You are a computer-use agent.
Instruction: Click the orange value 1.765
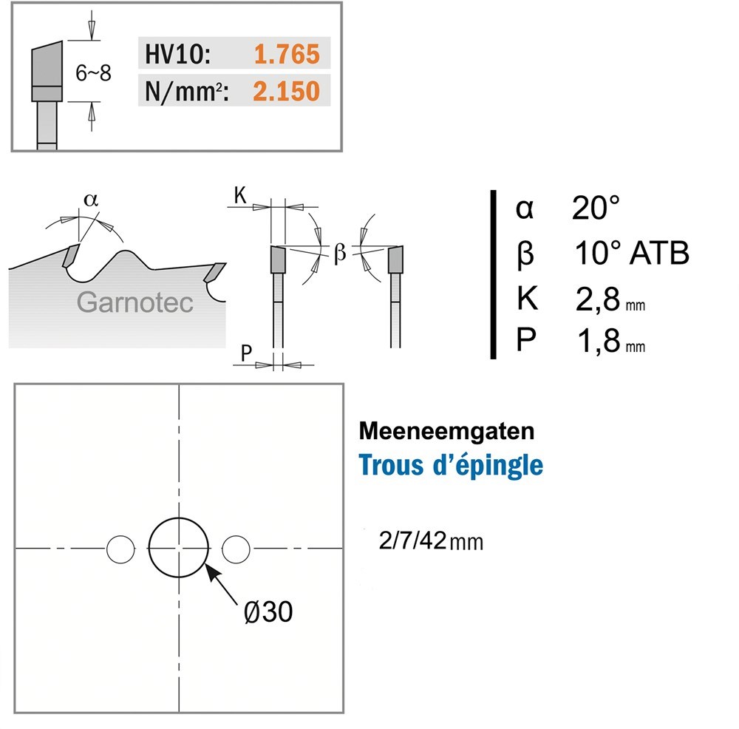287,54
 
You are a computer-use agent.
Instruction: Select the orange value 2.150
286,91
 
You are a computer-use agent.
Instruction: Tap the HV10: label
177,54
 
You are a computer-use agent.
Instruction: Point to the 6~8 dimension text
93,73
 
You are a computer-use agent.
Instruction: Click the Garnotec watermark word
134,302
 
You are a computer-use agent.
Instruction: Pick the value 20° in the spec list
595,208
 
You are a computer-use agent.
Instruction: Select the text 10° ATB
632,253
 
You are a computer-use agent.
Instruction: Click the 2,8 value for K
597,299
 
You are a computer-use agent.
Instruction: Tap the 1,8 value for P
598,341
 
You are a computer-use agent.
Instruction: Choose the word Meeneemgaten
446,431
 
